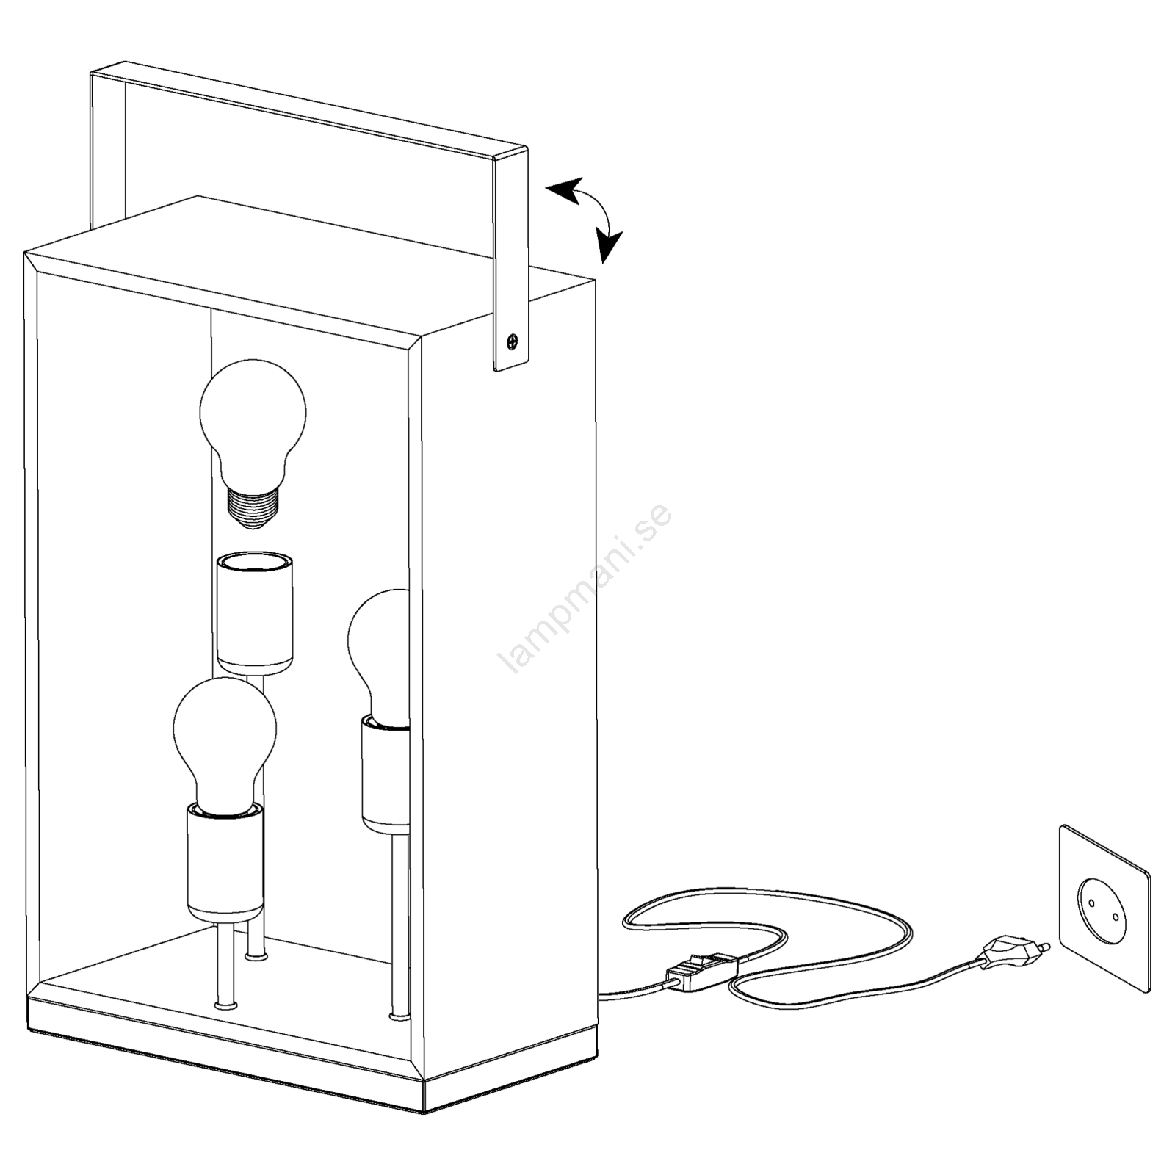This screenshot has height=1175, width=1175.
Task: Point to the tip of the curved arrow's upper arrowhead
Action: (x=546, y=189)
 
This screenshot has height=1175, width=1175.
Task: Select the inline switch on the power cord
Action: (x=701, y=969)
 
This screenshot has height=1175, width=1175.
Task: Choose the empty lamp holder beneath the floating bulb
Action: (x=254, y=613)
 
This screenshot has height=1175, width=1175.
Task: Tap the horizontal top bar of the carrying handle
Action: (x=308, y=110)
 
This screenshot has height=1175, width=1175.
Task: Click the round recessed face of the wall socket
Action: (x=1103, y=910)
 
